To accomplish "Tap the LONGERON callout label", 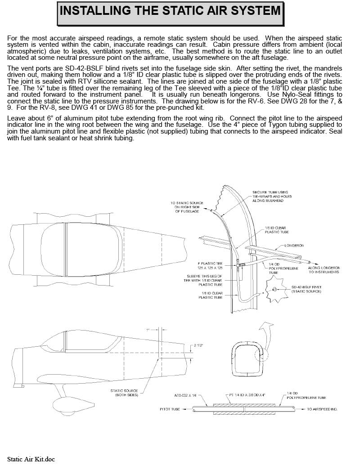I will (295, 246).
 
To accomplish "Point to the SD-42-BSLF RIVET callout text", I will (306, 289).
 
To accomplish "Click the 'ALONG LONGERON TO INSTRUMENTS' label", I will (324, 270).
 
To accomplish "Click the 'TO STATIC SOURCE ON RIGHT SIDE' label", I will (187, 207).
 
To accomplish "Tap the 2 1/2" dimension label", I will (198, 346).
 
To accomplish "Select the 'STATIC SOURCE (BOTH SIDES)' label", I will (124, 393).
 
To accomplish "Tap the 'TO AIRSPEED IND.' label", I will (322, 410).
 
